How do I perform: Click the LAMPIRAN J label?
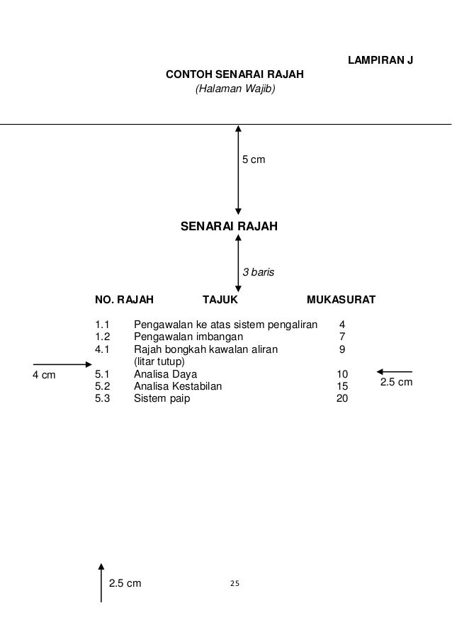(x=380, y=60)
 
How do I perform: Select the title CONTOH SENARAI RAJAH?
(x=235, y=75)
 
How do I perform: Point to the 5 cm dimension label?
(x=254, y=161)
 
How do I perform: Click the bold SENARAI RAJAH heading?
(x=230, y=227)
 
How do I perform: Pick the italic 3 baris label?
(x=259, y=271)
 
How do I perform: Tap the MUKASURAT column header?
(x=341, y=300)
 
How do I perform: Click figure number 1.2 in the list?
(x=103, y=337)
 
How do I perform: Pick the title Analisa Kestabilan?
(x=178, y=386)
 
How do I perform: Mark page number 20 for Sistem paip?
(x=342, y=398)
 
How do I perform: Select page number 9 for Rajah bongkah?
(x=342, y=349)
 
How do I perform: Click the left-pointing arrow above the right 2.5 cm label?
(x=395, y=371)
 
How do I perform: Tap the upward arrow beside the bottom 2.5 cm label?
(x=101, y=582)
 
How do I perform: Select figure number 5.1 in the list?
(x=103, y=374)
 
